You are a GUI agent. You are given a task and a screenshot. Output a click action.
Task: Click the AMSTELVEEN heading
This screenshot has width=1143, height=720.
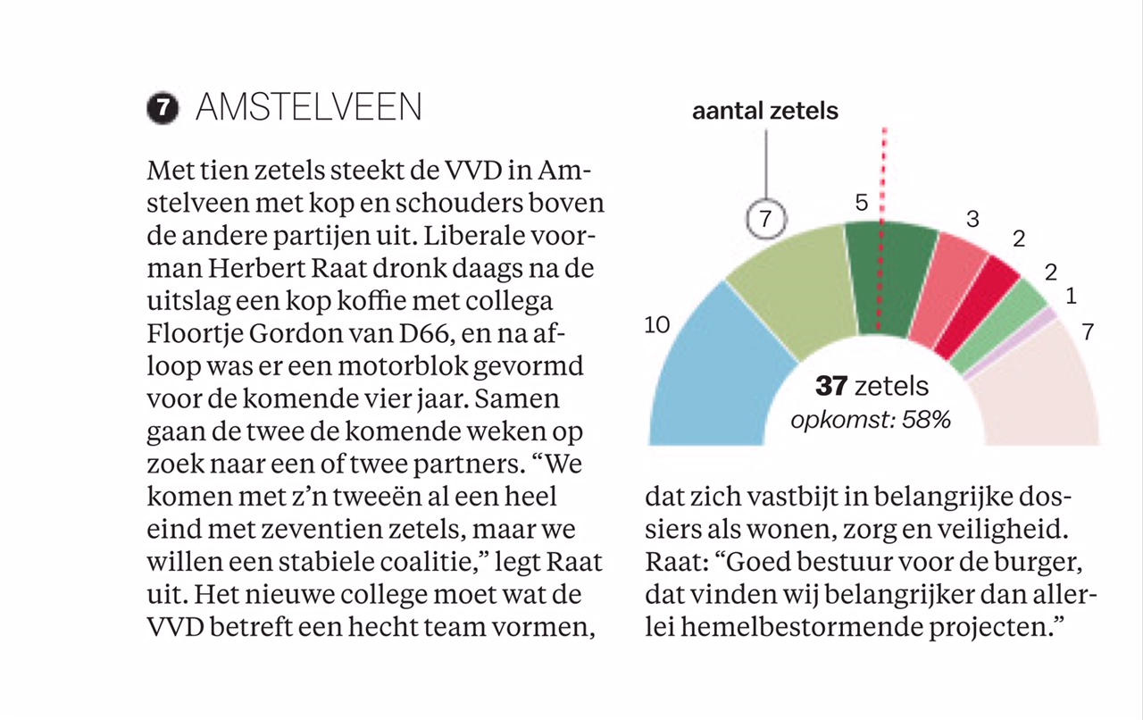pyautogui.click(x=308, y=107)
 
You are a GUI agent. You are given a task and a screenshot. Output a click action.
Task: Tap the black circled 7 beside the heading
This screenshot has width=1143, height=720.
pyautogui.click(x=162, y=108)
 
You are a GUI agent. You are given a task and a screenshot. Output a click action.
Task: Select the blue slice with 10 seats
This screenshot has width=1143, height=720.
pyautogui.click(x=714, y=375)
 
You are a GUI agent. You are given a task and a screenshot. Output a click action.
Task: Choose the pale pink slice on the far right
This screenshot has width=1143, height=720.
pyautogui.click(x=1045, y=393)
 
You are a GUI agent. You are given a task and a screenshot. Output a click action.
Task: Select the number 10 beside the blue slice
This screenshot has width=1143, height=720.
pyautogui.click(x=656, y=325)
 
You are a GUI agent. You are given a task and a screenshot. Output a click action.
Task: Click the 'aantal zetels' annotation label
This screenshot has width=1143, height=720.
pyautogui.click(x=765, y=111)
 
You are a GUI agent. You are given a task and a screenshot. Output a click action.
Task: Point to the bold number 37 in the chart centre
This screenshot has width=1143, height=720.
pyautogui.click(x=831, y=386)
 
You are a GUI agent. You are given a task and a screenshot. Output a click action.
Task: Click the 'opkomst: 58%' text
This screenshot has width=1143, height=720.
pyautogui.click(x=871, y=419)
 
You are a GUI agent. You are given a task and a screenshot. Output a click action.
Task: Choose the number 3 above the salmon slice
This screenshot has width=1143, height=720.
pyautogui.click(x=972, y=219)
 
